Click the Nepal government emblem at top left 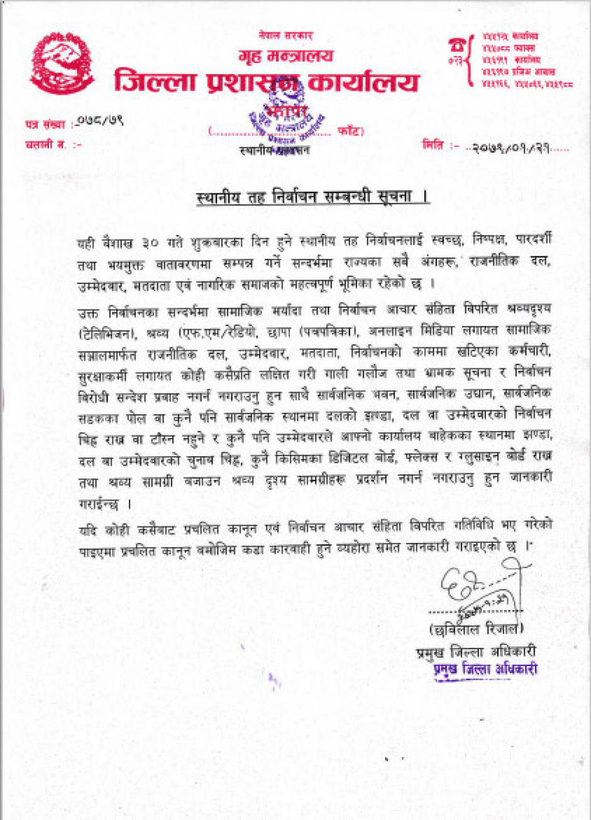pyautogui.click(x=62, y=63)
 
